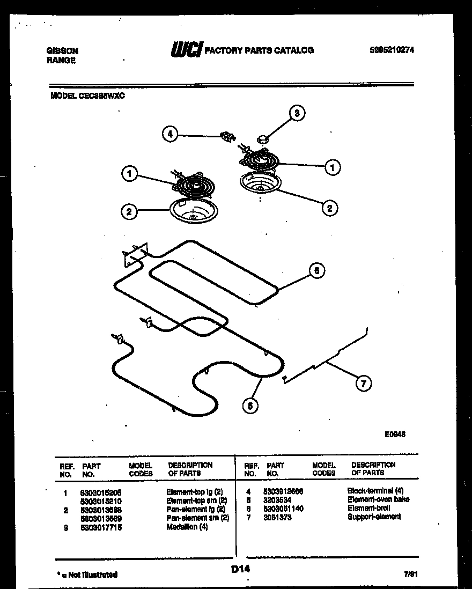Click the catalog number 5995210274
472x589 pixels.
(x=392, y=50)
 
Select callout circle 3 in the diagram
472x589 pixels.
(x=296, y=113)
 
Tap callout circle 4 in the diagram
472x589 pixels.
(x=170, y=135)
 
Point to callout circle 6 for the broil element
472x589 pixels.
(x=316, y=271)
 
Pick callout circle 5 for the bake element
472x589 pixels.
(x=249, y=406)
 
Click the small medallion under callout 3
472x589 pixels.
(x=263, y=139)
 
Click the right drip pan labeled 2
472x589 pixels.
(x=260, y=183)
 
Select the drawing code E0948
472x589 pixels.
(x=395, y=435)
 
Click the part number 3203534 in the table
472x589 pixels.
(x=277, y=499)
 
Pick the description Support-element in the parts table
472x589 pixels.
(x=374, y=517)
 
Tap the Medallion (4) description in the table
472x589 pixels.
(x=187, y=527)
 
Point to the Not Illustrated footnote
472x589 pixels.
(x=87, y=575)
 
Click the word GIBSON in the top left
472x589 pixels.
(x=62, y=51)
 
